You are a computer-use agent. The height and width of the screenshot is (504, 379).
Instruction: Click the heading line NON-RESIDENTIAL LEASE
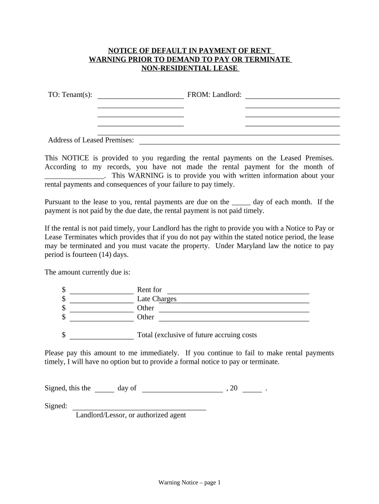tap(189, 68)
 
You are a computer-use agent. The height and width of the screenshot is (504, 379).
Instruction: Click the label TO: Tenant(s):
tap(70, 94)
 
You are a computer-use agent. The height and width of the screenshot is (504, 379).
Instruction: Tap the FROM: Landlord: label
tap(214, 94)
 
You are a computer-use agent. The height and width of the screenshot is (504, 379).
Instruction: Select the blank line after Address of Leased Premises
tap(240, 143)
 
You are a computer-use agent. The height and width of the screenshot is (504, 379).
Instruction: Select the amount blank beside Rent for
tap(102, 293)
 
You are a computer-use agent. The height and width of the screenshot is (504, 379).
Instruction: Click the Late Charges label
tap(157, 299)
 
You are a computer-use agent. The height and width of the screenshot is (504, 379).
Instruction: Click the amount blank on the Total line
tap(102, 338)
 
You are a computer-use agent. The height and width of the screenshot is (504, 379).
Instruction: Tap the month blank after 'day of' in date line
tap(182, 391)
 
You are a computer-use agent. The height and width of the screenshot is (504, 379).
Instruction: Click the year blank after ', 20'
tap(252, 391)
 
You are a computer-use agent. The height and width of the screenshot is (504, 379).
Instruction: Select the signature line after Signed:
tap(139, 409)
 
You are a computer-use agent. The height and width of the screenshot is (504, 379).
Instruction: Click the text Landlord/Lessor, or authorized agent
tap(131, 415)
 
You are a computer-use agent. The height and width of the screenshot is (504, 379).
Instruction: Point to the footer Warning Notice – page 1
tap(189, 483)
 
